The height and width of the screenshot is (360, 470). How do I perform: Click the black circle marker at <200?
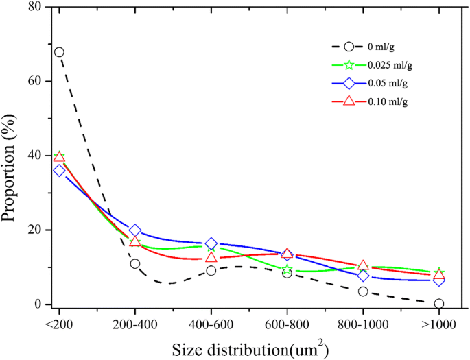pyautogui.click(x=59, y=52)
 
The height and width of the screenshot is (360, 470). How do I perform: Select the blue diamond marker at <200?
pyautogui.click(x=59, y=170)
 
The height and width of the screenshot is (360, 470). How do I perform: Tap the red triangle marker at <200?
pyautogui.click(x=59, y=157)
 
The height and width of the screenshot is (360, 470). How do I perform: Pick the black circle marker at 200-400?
pyautogui.click(x=135, y=264)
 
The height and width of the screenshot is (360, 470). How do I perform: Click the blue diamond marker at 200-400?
pyautogui.click(x=135, y=230)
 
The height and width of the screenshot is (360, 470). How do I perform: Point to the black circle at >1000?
pyautogui.click(x=439, y=304)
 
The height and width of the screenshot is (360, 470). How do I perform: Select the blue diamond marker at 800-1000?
pyautogui.click(x=363, y=276)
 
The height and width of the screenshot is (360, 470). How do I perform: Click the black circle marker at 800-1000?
pyautogui.click(x=363, y=291)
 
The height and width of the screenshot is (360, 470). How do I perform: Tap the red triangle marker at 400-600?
pyautogui.click(x=211, y=258)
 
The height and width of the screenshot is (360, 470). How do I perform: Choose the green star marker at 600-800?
pyautogui.click(x=287, y=270)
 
